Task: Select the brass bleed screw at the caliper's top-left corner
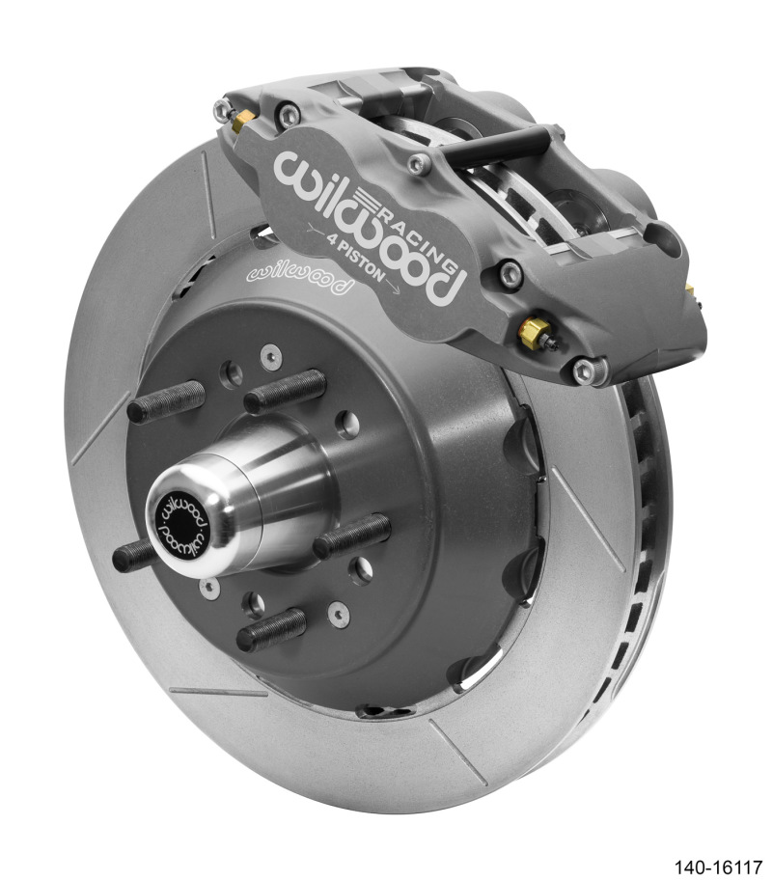click(x=239, y=116)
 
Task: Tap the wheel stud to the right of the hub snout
click(x=352, y=533)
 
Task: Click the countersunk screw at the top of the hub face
click(x=266, y=353)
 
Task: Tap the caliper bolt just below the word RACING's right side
click(x=511, y=274)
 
